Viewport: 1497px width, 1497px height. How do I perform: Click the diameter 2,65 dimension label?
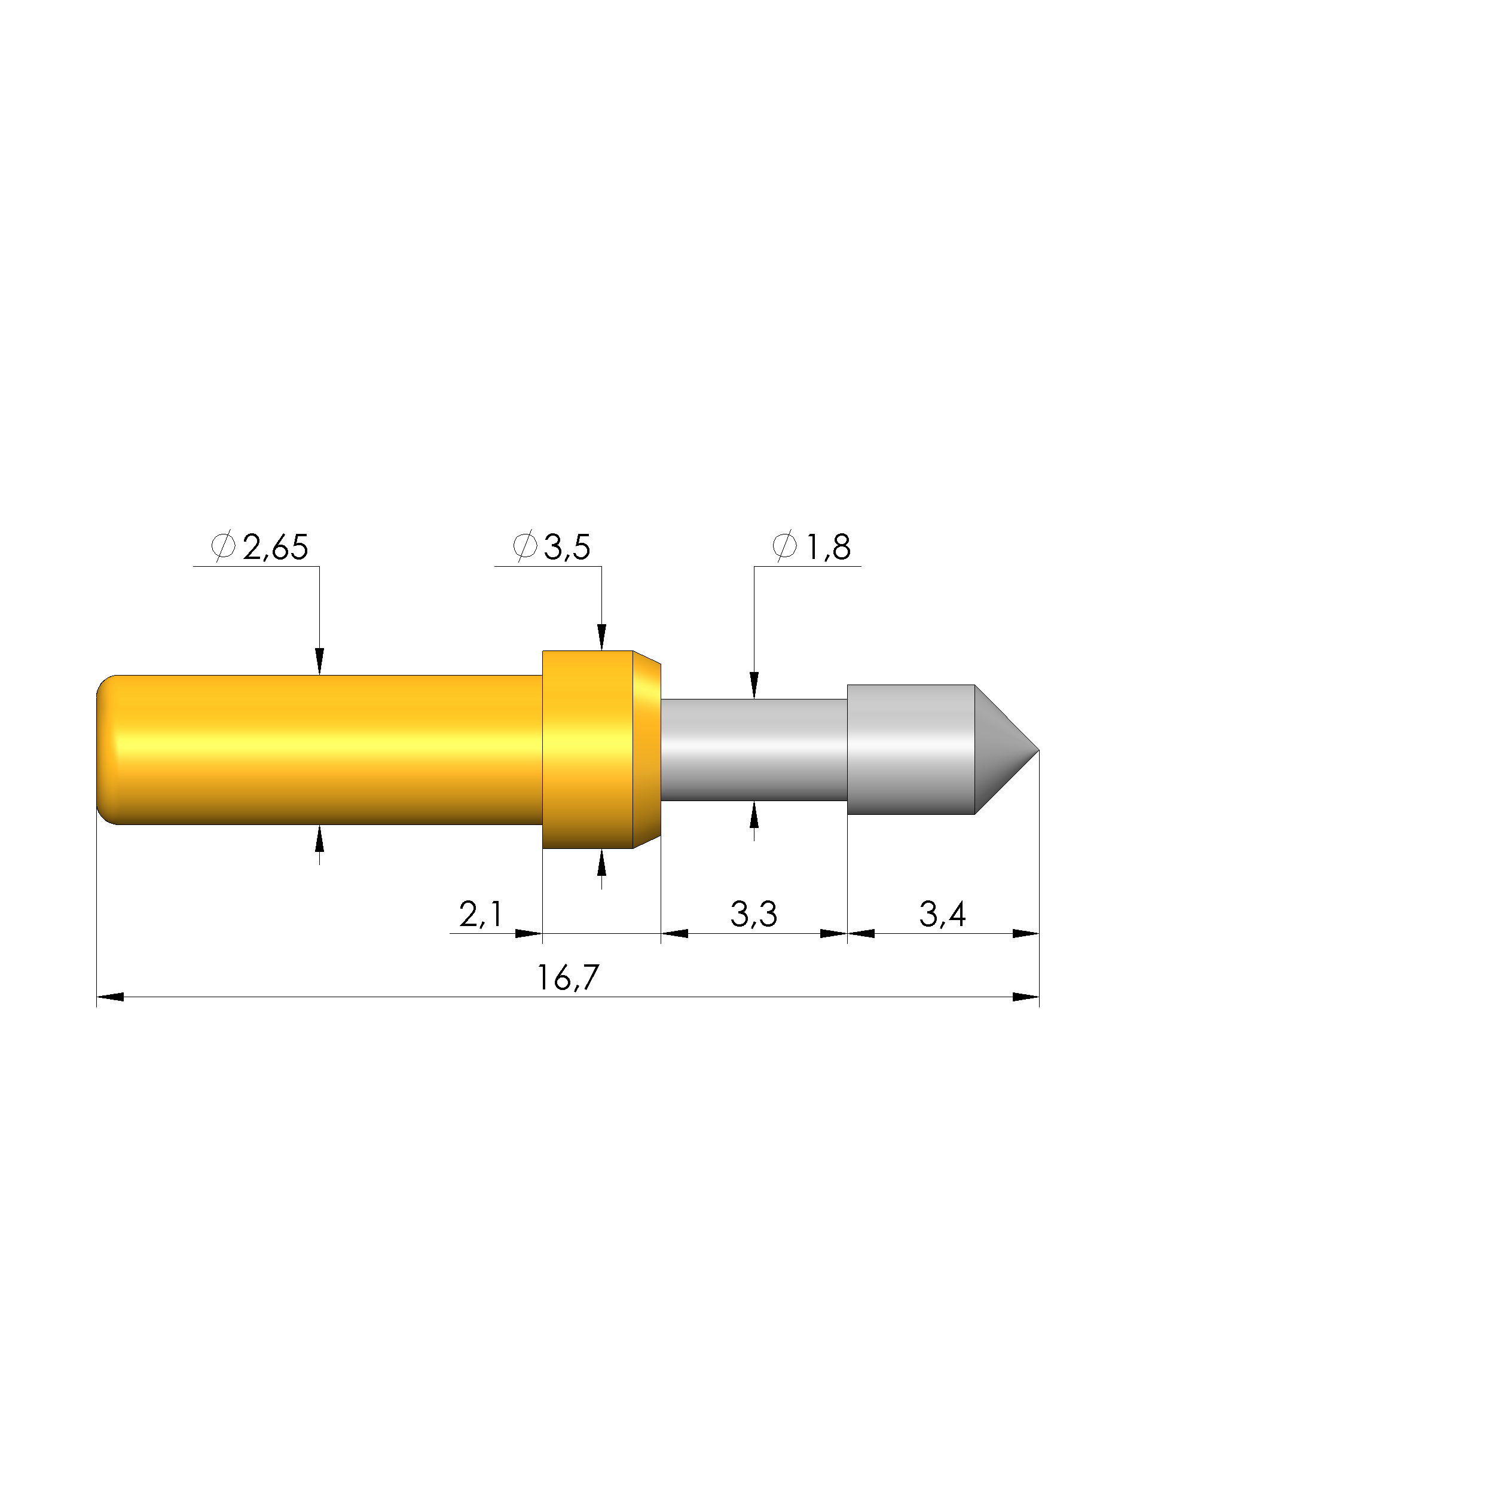[x=259, y=547]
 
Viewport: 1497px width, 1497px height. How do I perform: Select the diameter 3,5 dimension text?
[x=552, y=547]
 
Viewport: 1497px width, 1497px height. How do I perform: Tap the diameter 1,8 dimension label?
[x=811, y=547]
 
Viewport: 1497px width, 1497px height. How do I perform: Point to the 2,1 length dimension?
[x=481, y=914]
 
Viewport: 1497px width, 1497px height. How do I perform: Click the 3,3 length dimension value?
[x=753, y=914]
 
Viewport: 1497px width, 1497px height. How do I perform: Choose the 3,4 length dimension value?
[x=942, y=914]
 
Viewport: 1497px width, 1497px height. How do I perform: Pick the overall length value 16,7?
[x=567, y=978]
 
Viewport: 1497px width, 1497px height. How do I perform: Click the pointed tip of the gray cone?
[x=1038, y=750]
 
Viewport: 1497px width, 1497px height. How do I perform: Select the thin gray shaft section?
[x=753, y=750]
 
